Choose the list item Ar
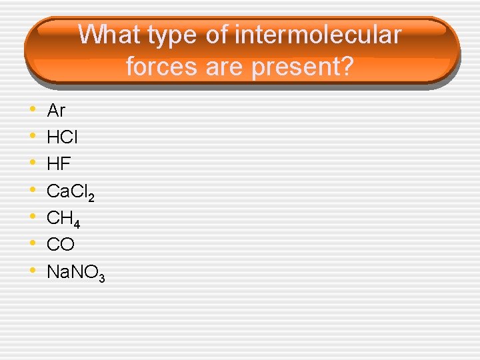(56, 110)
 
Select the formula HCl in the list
(62, 137)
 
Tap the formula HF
(59, 164)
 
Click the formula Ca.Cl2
(70, 191)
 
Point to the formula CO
(61, 245)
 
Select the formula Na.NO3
(75, 272)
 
